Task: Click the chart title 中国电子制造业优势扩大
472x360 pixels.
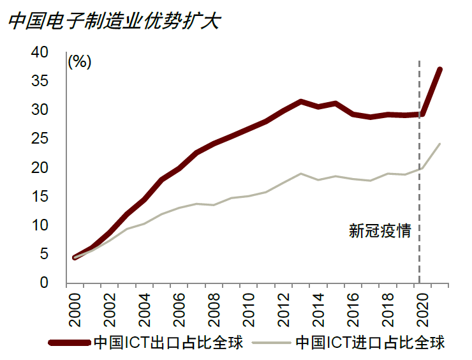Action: click(x=114, y=21)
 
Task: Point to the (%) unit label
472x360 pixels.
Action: click(x=80, y=61)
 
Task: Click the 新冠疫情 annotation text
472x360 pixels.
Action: click(x=380, y=231)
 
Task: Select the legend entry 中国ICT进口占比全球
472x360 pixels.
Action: click(x=370, y=342)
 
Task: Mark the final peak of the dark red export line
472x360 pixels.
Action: click(x=439, y=69)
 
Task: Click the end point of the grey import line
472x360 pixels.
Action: click(x=439, y=144)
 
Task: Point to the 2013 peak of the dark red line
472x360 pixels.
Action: click(x=300, y=101)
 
